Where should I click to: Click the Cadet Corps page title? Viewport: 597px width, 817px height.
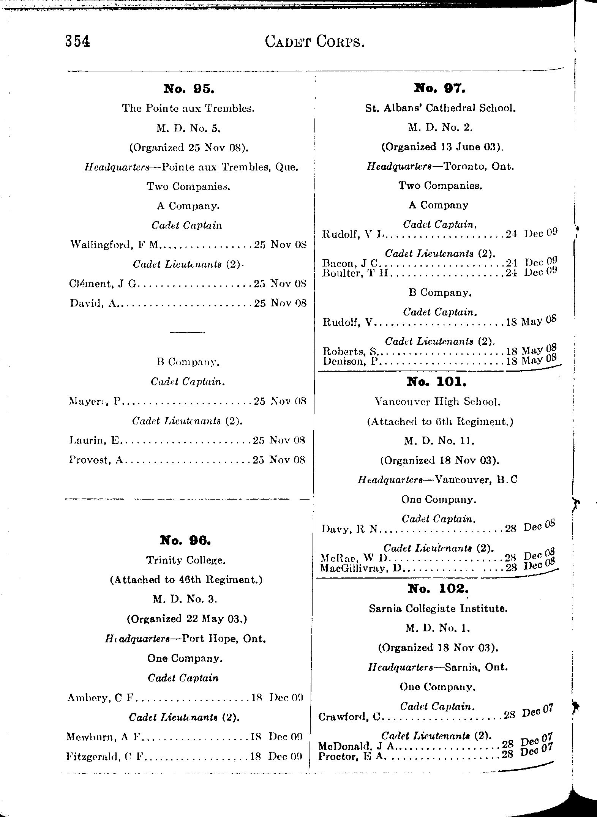click(315, 41)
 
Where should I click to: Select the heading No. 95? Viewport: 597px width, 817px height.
click(189, 89)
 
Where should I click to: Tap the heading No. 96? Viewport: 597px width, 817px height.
click(185, 540)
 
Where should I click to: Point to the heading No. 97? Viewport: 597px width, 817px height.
click(439, 88)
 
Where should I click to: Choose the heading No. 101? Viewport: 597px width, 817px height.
click(436, 381)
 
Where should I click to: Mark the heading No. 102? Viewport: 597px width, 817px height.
click(438, 588)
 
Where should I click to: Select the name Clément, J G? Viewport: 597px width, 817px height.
click(103, 284)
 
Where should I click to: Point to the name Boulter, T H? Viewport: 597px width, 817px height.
click(355, 273)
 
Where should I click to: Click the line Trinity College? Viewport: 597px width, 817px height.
click(186, 560)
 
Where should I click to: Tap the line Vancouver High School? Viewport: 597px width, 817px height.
click(437, 402)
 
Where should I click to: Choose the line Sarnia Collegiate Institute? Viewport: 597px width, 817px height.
click(438, 609)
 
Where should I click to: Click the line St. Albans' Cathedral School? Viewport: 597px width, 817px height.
click(440, 108)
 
